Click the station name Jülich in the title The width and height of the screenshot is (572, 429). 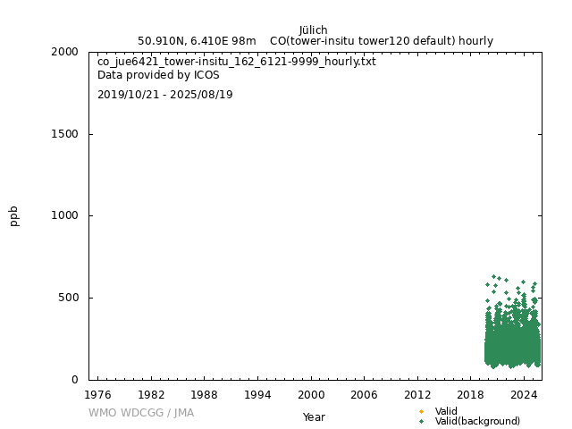tap(313, 29)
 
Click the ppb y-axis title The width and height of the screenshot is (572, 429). tap(14, 215)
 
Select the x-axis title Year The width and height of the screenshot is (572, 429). tap(314, 416)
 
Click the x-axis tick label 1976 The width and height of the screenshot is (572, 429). tap(97, 394)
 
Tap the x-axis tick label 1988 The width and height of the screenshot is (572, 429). tap(204, 394)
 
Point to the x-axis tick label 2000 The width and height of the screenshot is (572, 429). tap(311, 394)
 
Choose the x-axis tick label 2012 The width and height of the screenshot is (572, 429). tap(417, 394)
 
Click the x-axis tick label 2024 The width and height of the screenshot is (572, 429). tap(524, 394)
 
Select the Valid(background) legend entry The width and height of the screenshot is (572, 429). tap(476, 421)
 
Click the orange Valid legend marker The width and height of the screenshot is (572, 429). tap(421, 411)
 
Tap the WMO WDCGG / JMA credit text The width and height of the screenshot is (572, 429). tap(141, 413)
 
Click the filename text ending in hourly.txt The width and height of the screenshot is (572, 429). tap(236, 62)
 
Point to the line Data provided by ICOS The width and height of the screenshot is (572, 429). tap(158, 75)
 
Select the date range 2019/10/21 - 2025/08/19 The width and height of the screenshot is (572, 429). tap(164, 95)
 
